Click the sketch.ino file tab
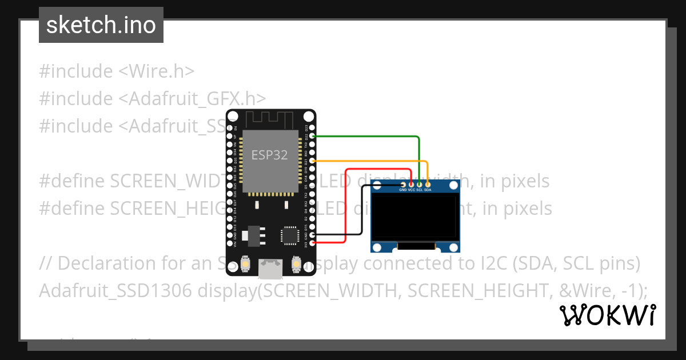[101, 25]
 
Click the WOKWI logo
[607, 315]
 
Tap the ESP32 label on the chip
[270, 154]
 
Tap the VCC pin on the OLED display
[411, 185]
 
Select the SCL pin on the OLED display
[419, 185]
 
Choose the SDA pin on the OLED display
[428, 185]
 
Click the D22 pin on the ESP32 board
[312, 137]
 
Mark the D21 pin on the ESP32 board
[312, 161]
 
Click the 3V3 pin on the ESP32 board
[312, 243]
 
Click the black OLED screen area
[415, 217]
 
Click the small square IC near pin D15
[290, 235]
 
